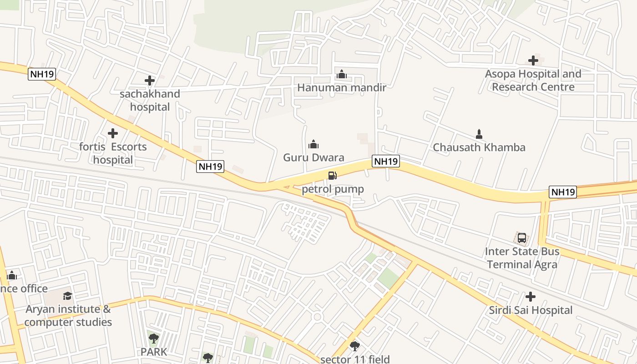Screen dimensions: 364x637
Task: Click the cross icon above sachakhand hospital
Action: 150,81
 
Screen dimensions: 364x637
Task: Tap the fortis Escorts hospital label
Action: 113,153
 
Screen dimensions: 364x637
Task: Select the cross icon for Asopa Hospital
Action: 533,60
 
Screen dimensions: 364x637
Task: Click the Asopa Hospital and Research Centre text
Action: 533,81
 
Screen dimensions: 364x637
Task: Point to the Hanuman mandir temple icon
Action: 341,74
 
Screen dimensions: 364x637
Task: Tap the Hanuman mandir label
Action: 341,87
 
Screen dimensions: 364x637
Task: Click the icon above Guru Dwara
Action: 313,145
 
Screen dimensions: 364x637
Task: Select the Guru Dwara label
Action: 313,157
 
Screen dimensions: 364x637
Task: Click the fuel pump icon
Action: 333,176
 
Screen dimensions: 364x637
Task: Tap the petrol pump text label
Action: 333,189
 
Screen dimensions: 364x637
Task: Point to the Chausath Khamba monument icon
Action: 479,134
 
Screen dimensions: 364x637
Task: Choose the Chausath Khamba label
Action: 479,147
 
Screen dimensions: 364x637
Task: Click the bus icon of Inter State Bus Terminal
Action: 522,238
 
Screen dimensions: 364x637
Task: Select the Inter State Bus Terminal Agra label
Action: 522,258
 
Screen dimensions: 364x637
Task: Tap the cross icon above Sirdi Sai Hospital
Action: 531,297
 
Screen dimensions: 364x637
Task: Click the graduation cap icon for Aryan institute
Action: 68,296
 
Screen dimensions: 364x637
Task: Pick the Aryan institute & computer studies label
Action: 68,316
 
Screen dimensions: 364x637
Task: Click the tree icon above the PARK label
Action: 154,339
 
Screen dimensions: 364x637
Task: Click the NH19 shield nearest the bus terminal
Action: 563,192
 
